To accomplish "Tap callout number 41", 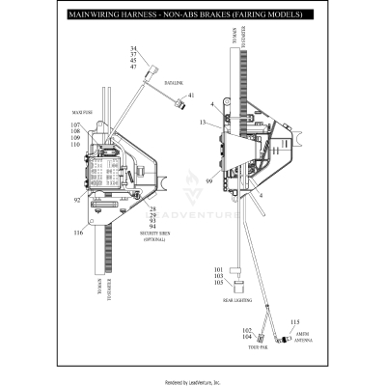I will pos(191,96).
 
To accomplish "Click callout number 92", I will pos(78,201).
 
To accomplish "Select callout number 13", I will pos(203,124).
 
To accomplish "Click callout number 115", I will pos(295,321).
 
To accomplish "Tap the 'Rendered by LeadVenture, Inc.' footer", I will pos(193,381).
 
